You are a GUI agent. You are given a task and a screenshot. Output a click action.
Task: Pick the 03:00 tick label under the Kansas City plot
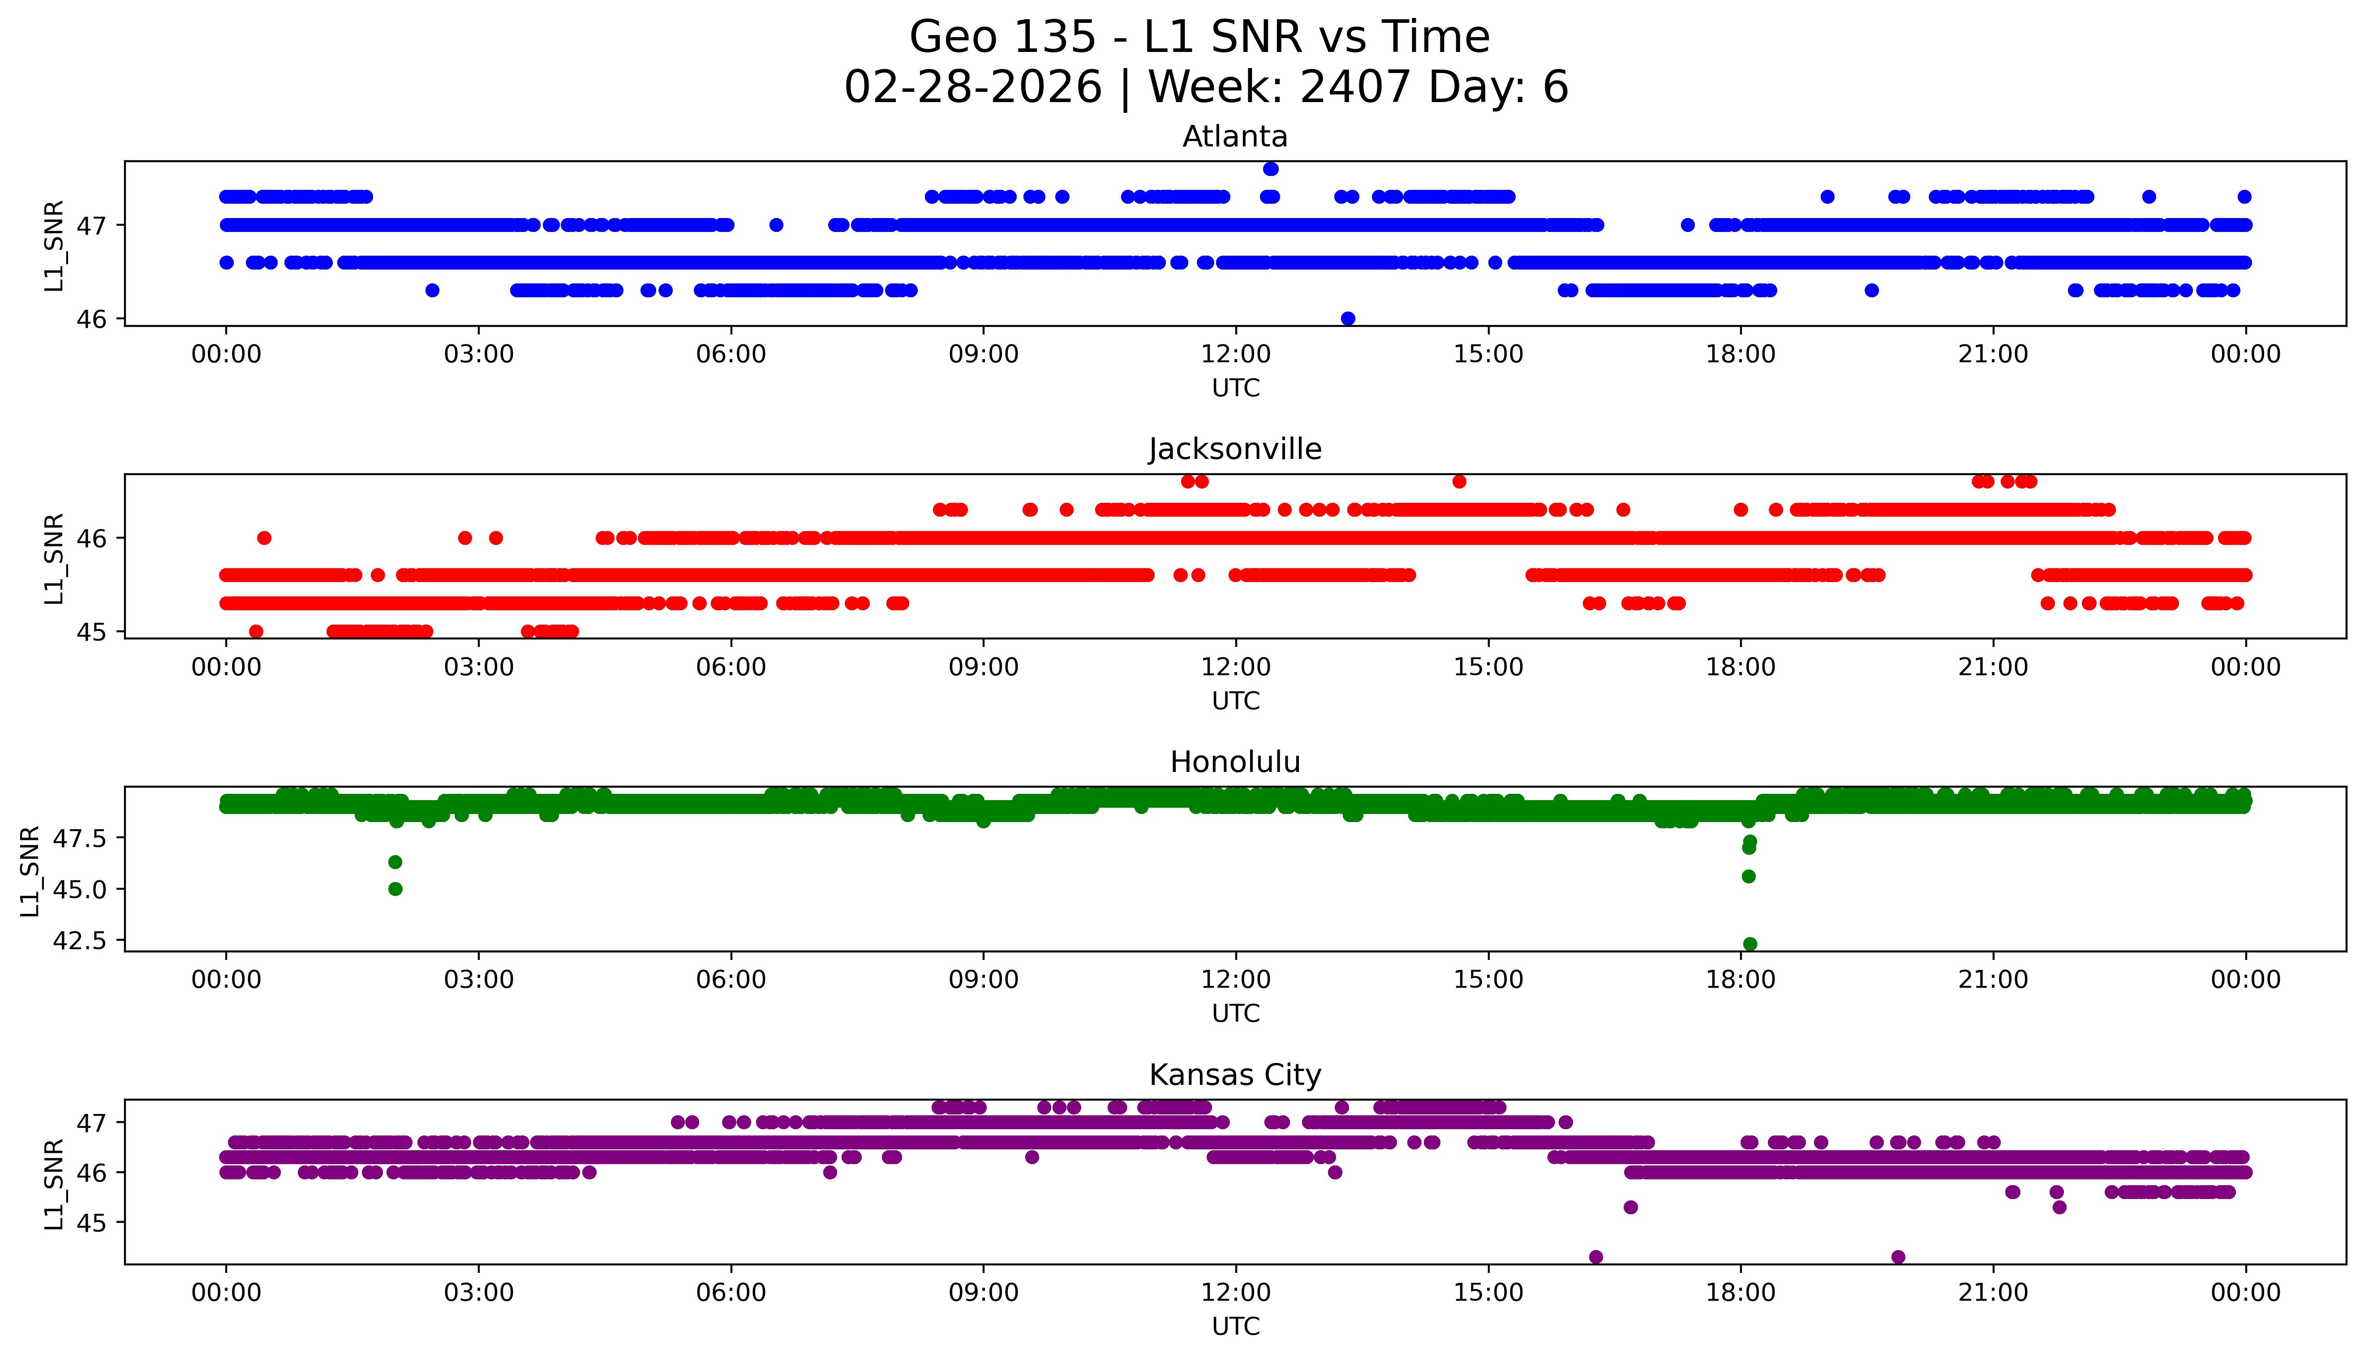pos(479,1293)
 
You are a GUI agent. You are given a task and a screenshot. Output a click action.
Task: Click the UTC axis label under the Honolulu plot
pos(1235,1013)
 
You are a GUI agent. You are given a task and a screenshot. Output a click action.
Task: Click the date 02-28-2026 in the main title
pos(973,88)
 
